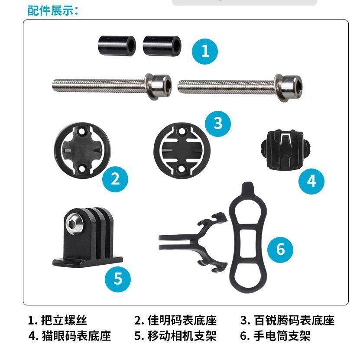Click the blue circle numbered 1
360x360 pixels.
[x=205, y=51]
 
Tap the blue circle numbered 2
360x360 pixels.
[x=115, y=178]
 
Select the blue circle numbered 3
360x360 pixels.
[x=218, y=123]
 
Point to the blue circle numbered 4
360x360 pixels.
[x=312, y=180]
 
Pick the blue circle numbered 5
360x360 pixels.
[x=118, y=278]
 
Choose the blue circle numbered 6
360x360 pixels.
[x=280, y=250]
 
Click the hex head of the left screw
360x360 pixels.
[x=162, y=86]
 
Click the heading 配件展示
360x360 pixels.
[x=53, y=10]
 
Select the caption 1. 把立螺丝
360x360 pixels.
[x=58, y=321]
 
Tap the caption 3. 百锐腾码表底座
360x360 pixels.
[x=287, y=321]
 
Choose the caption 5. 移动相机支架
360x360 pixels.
[x=175, y=336]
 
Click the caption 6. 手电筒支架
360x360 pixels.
[x=275, y=336]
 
